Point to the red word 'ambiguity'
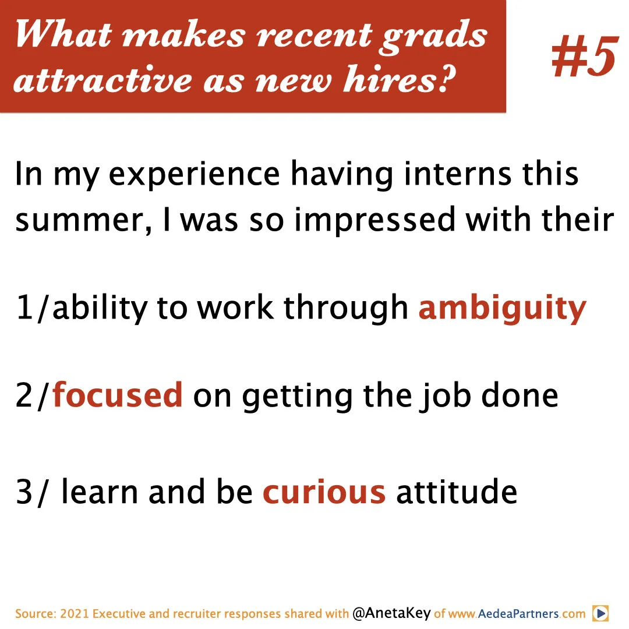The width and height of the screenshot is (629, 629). [502, 309]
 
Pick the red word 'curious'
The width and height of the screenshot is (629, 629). [324, 492]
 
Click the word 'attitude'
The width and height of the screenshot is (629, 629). [457, 492]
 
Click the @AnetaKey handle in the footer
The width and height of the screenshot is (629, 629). [391, 614]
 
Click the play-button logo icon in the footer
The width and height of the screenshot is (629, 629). [600, 613]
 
